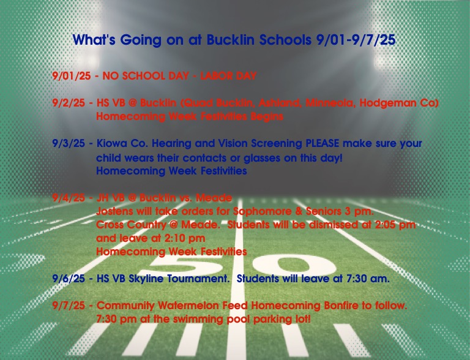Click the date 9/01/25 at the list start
pyautogui.click(x=72, y=76)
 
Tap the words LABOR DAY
pyautogui.click(x=228, y=75)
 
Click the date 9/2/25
pyautogui.click(x=69, y=103)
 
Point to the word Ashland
pyautogui.click(x=279, y=103)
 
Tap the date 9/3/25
pyautogui.click(x=69, y=143)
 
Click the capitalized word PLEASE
pyautogui.click(x=323, y=143)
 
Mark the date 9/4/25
pyautogui.click(x=69, y=198)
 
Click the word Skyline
pyautogui.click(x=146, y=279)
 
